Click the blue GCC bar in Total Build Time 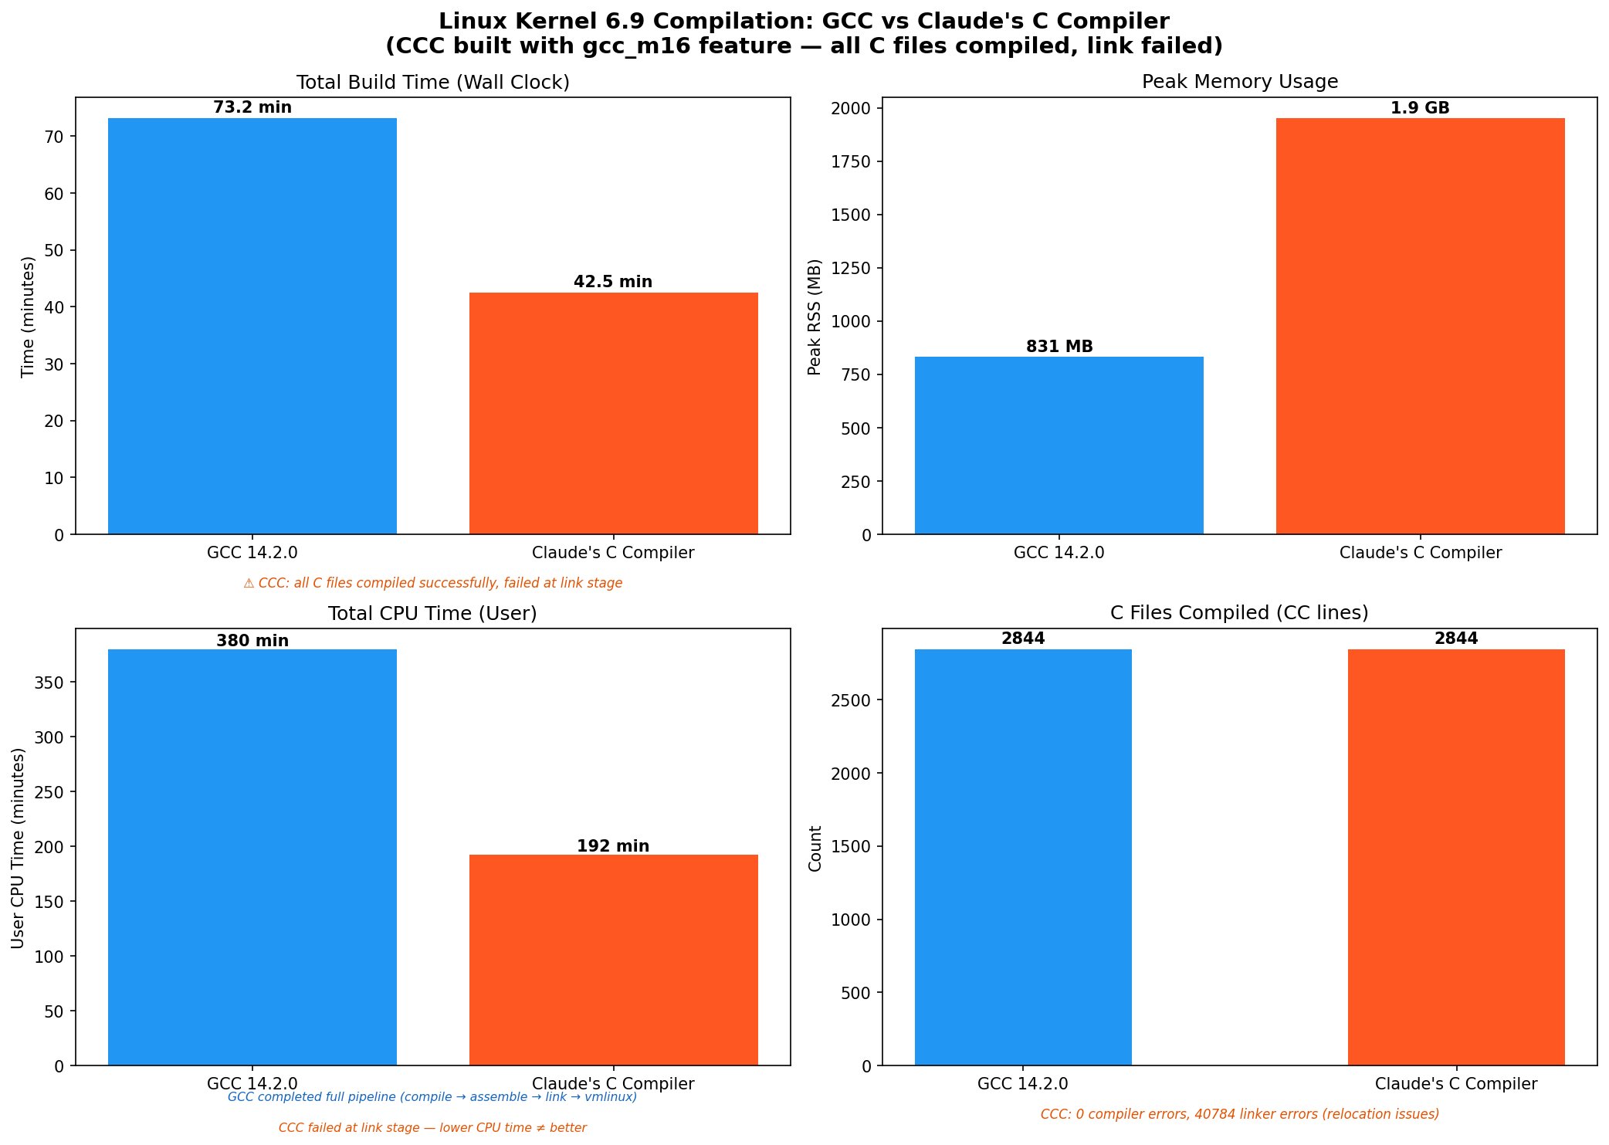tap(252, 326)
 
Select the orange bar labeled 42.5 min tap(613, 413)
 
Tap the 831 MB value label tap(1059, 347)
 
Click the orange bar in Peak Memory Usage tap(1420, 326)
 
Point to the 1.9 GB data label tap(1420, 108)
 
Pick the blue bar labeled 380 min tap(252, 857)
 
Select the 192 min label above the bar tap(613, 846)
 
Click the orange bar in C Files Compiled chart tap(1455, 857)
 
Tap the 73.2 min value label tap(252, 107)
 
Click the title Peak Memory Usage tap(1239, 82)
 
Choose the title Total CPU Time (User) tap(432, 613)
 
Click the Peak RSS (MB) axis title tap(815, 317)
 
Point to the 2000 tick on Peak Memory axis tap(850, 108)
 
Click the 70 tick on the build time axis tap(54, 137)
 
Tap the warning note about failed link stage tap(432, 583)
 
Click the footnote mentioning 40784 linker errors tap(1239, 1114)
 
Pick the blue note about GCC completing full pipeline tap(432, 1097)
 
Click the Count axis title tap(815, 848)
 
